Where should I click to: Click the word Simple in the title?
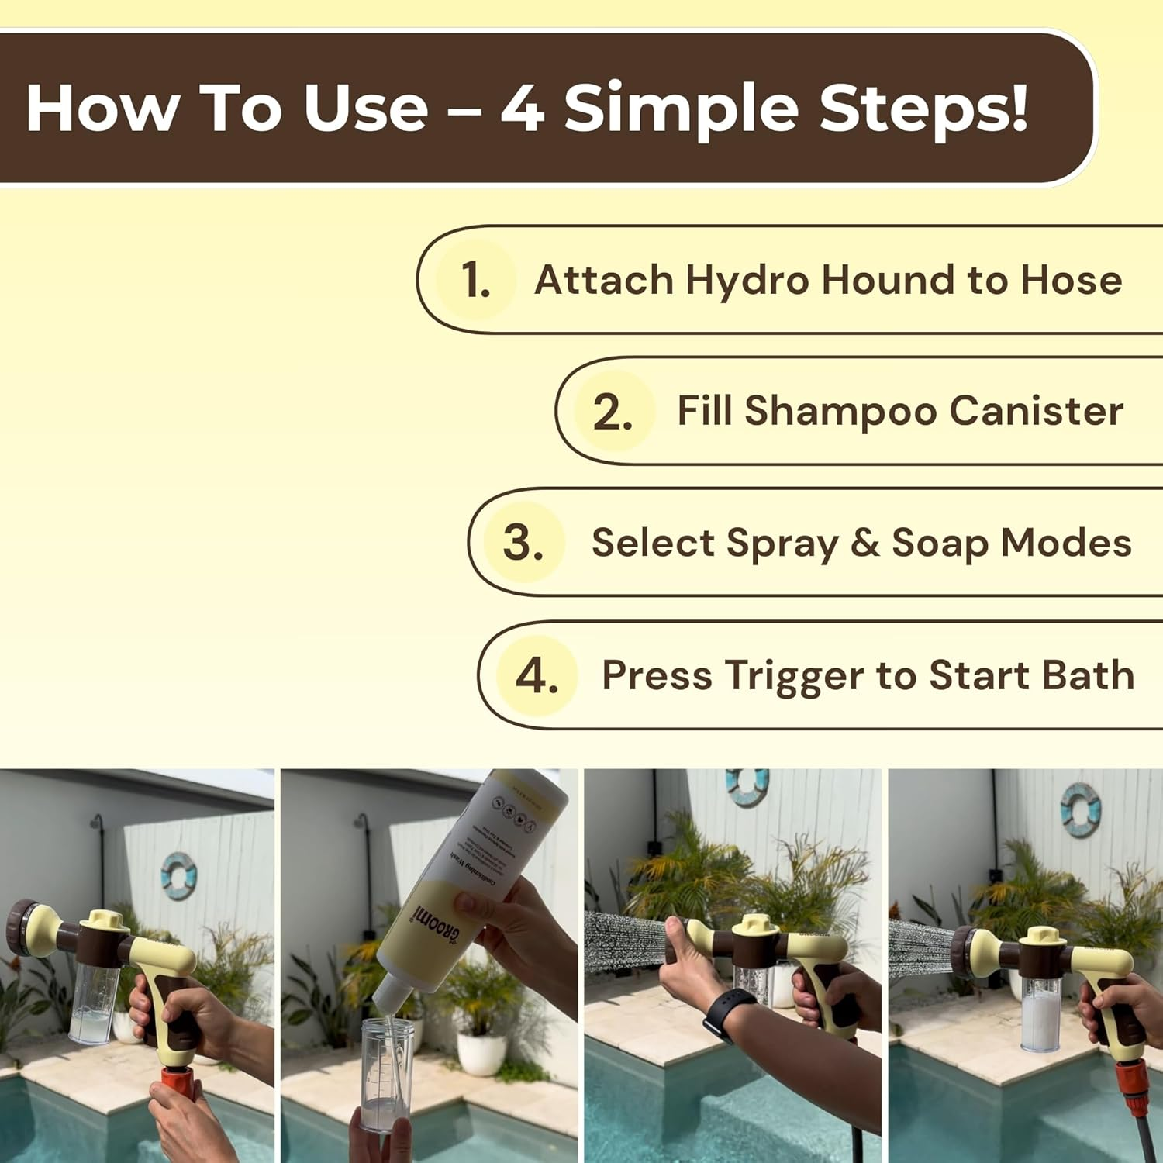[681, 109]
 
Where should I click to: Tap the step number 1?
[475, 280]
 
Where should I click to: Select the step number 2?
[613, 412]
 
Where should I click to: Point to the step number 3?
[523, 543]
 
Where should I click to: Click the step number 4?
[537, 675]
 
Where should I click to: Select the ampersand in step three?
[864, 543]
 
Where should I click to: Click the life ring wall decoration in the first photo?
[179, 876]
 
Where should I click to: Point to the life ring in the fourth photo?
[1080, 809]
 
